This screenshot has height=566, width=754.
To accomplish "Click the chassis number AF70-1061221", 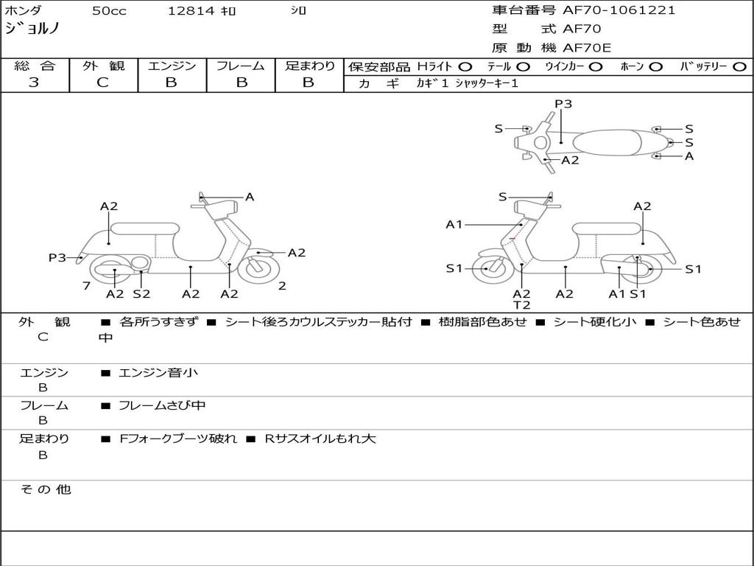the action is click(x=619, y=10).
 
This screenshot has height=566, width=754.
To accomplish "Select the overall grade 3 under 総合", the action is click(x=34, y=83).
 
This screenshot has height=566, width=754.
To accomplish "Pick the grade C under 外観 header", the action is click(x=102, y=83).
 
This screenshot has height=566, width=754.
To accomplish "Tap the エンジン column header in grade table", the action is click(x=172, y=66).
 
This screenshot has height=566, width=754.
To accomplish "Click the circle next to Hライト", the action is click(x=465, y=67).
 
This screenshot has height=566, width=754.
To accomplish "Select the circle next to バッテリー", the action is click(x=739, y=67).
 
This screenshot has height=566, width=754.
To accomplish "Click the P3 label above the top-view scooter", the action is click(x=563, y=104).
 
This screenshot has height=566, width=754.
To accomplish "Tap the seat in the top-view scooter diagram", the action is click(x=607, y=143).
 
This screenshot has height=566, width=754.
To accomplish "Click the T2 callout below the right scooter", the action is click(x=522, y=305).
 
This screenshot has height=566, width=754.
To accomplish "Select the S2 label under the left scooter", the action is click(x=141, y=293).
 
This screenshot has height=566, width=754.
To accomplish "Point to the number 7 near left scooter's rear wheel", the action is click(x=87, y=286).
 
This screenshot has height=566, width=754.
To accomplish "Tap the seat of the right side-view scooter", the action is click(x=607, y=228).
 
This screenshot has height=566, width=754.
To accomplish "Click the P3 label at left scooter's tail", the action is click(x=57, y=258).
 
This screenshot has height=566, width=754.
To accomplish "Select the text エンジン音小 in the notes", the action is click(x=158, y=372).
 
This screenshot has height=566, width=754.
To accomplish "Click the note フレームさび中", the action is click(x=162, y=406).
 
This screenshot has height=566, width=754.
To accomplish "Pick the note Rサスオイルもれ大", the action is click(x=320, y=439).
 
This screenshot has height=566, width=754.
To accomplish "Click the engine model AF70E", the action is click(x=587, y=48).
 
